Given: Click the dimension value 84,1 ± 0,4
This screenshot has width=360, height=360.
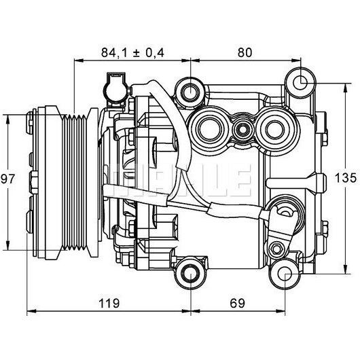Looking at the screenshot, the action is point(132,52).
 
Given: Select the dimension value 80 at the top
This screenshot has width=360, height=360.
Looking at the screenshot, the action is point(245,52).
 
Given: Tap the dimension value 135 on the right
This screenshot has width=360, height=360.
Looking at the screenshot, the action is point(346,178).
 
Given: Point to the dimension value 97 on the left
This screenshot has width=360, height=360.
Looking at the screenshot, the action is point(7,179).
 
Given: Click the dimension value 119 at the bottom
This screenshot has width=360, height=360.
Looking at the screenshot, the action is point(109,304).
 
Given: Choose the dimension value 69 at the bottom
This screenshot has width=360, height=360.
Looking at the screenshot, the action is point(238,304).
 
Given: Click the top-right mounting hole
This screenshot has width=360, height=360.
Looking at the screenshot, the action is point(300,83).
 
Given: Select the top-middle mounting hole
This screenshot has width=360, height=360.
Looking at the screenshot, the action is point(191,92).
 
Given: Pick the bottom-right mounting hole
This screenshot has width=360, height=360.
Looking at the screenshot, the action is point(285,274).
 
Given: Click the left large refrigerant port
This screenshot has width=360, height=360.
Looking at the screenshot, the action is point(209,128).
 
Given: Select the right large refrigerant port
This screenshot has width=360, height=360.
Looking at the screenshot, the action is point(275,129).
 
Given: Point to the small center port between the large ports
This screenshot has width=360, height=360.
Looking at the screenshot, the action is point(242,130).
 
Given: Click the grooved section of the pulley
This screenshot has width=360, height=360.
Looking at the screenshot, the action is point(75,183).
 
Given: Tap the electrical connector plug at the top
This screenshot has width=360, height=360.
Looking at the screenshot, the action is point(116,90).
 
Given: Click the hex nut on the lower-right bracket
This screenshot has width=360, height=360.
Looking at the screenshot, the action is point(276,249).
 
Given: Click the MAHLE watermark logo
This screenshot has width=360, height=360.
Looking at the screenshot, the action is point(180,180).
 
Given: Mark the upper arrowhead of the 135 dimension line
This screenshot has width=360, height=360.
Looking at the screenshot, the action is point(345,87).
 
